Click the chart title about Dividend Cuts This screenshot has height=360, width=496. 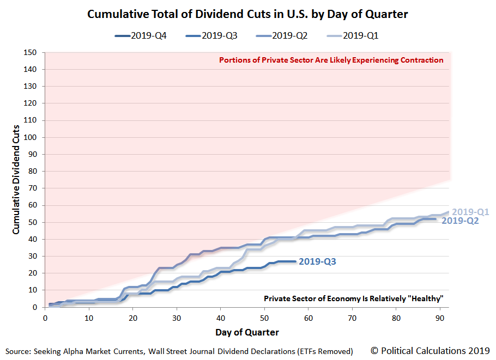pyautogui.click(x=247, y=14)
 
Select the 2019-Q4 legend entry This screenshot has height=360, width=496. pyautogui.click(x=141, y=35)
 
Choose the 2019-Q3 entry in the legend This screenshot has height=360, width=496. pyautogui.click(x=211, y=35)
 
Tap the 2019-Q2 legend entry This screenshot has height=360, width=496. pyautogui.click(x=282, y=35)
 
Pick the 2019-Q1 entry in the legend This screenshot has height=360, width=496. pyautogui.click(x=353, y=35)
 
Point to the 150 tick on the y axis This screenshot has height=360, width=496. pyautogui.click(x=30, y=52)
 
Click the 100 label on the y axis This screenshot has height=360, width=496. pyautogui.click(x=30, y=137)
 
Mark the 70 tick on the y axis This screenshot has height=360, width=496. pyautogui.click(x=32, y=188)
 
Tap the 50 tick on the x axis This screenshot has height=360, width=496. pyautogui.click(x=264, y=318)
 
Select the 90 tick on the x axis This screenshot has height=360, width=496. pyautogui.click(x=440, y=318)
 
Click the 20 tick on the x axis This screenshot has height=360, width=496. pyautogui.click(x=133, y=318)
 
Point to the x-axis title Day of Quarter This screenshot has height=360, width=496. pyautogui.click(x=247, y=333)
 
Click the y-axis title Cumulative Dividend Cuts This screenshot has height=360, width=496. pyautogui.click(x=16, y=180)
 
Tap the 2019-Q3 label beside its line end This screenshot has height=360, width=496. pyautogui.click(x=317, y=262)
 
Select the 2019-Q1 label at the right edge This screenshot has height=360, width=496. pyautogui.click(x=470, y=212)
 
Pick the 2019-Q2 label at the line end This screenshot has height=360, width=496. pyautogui.click(x=460, y=221)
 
